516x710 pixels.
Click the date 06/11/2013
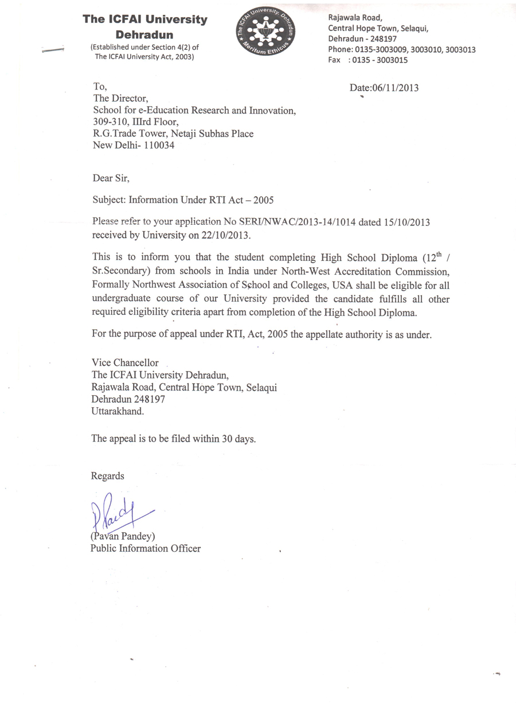pyautogui.click(x=396, y=88)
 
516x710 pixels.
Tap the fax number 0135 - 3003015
pyautogui.click(x=383, y=60)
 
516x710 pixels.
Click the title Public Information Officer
pyautogui.click(x=146, y=548)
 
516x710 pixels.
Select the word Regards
pyautogui.click(x=107, y=475)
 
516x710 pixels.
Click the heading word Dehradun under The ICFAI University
pyautogui.click(x=144, y=34)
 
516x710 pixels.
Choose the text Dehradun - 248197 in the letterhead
pyautogui.click(x=359, y=39)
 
